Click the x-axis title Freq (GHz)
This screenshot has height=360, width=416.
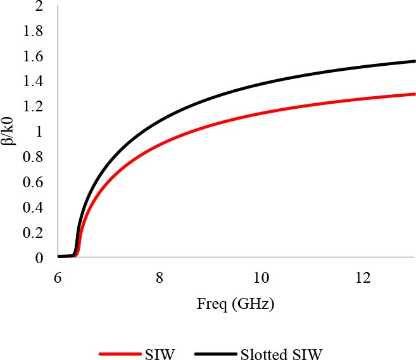click(x=235, y=304)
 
